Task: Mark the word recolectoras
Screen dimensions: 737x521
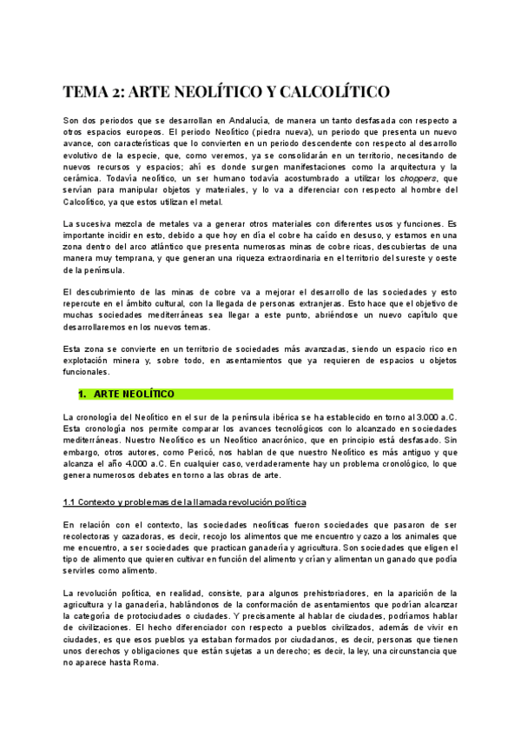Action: [94, 537]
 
